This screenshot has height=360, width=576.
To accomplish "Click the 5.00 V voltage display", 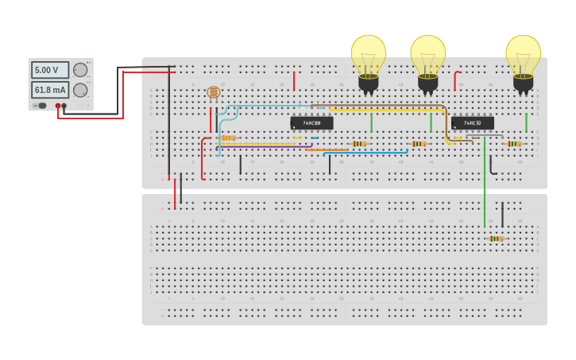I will pyautogui.click(x=49, y=70).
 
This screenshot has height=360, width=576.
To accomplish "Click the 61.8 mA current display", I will pyautogui.click(x=49, y=90).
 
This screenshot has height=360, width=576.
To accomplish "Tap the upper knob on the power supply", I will pyautogui.click(x=80, y=70).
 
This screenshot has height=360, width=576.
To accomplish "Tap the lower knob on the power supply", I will pyautogui.click(x=80, y=90).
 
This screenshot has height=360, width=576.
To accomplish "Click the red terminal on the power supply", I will pyautogui.click(x=58, y=106).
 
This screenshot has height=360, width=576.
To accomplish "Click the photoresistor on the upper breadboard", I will pyautogui.click(x=213, y=92).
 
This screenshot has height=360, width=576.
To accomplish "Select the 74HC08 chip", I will pyautogui.click(x=311, y=123).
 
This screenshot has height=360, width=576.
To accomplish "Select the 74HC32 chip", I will pyautogui.click(x=473, y=123).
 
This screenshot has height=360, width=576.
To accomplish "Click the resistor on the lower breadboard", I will pyautogui.click(x=496, y=238).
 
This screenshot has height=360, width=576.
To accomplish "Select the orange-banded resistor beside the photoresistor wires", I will pyautogui.click(x=228, y=137).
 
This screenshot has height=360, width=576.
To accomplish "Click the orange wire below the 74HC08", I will pyautogui.click(x=326, y=149).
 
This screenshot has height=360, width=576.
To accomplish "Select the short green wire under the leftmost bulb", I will pyautogui.click(x=371, y=122).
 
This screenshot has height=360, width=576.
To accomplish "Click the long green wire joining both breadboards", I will pyautogui.click(x=485, y=183).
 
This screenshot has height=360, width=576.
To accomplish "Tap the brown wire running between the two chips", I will pyautogui.click(x=381, y=105).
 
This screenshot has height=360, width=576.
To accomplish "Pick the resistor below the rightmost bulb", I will pyautogui.click(x=513, y=144).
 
